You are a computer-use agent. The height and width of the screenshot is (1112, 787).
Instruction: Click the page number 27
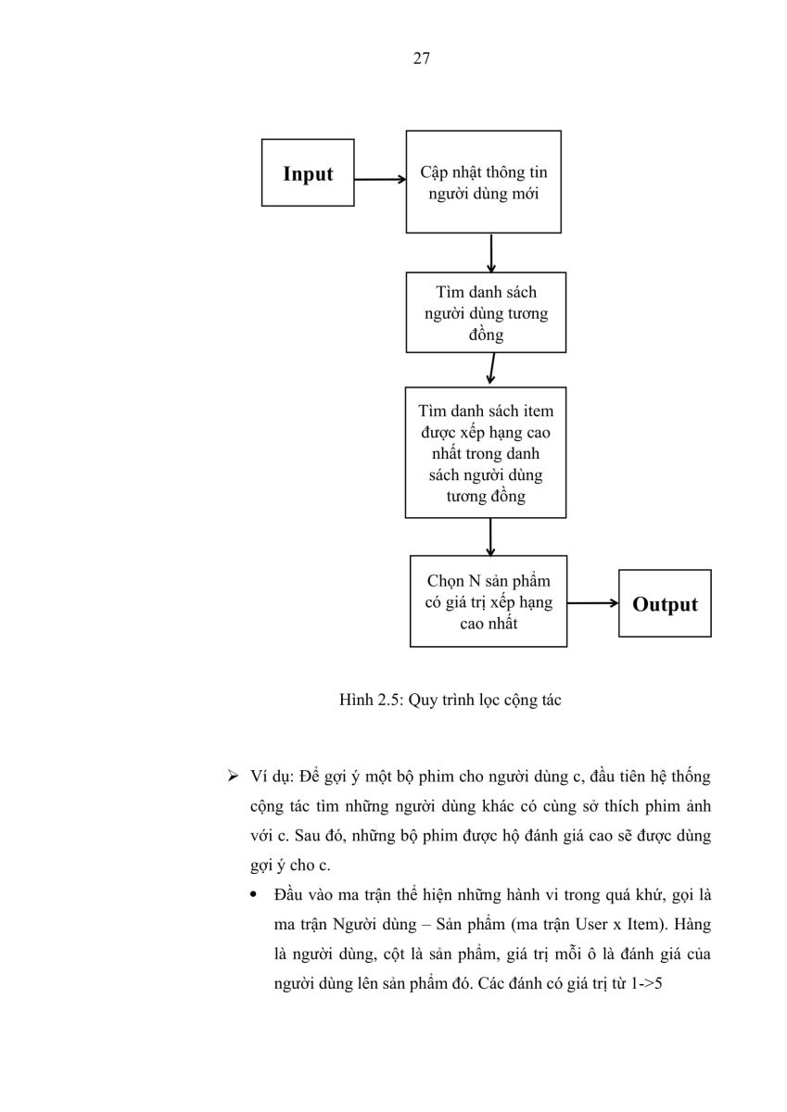pyautogui.click(x=421, y=58)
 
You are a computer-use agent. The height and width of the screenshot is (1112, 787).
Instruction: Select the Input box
pyautogui.click(x=308, y=172)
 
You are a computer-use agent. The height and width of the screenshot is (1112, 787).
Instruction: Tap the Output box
pyautogui.click(x=665, y=603)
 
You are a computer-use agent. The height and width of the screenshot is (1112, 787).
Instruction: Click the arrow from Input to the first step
pyautogui.click(x=380, y=179)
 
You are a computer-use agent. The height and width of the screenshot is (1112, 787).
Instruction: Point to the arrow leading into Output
pyautogui.click(x=593, y=603)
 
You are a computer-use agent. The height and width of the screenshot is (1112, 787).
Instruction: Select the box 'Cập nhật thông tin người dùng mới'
pyautogui.click(x=484, y=182)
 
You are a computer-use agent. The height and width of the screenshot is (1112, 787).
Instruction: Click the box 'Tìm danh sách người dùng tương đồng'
pyautogui.click(x=486, y=312)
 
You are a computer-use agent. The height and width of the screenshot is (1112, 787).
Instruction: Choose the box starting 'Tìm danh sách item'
pyautogui.click(x=486, y=453)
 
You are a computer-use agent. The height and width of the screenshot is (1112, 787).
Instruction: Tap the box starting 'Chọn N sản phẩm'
pyautogui.click(x=489, y=601)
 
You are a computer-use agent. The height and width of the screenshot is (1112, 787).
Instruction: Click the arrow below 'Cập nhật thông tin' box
pyautogui.click(x=491, y=253)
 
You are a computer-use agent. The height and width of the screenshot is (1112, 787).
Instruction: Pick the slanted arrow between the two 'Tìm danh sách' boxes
pyautogui.click(x=491, y=369)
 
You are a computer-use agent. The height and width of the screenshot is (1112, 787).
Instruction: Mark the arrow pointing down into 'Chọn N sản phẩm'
pyautogui.click(x=490, y=537)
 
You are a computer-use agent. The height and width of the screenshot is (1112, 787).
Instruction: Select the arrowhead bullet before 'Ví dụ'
pyautogui.click(x=233, y=776)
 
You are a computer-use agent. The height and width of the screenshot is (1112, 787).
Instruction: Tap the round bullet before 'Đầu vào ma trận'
pyautogui.click(x=255, y=894)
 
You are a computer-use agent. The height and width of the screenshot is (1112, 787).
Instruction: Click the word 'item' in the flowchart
pyautogui.click(x=539, y=411)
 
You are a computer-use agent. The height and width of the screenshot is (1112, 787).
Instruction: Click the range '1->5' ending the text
pyautogui.click(x=646, y=983)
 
